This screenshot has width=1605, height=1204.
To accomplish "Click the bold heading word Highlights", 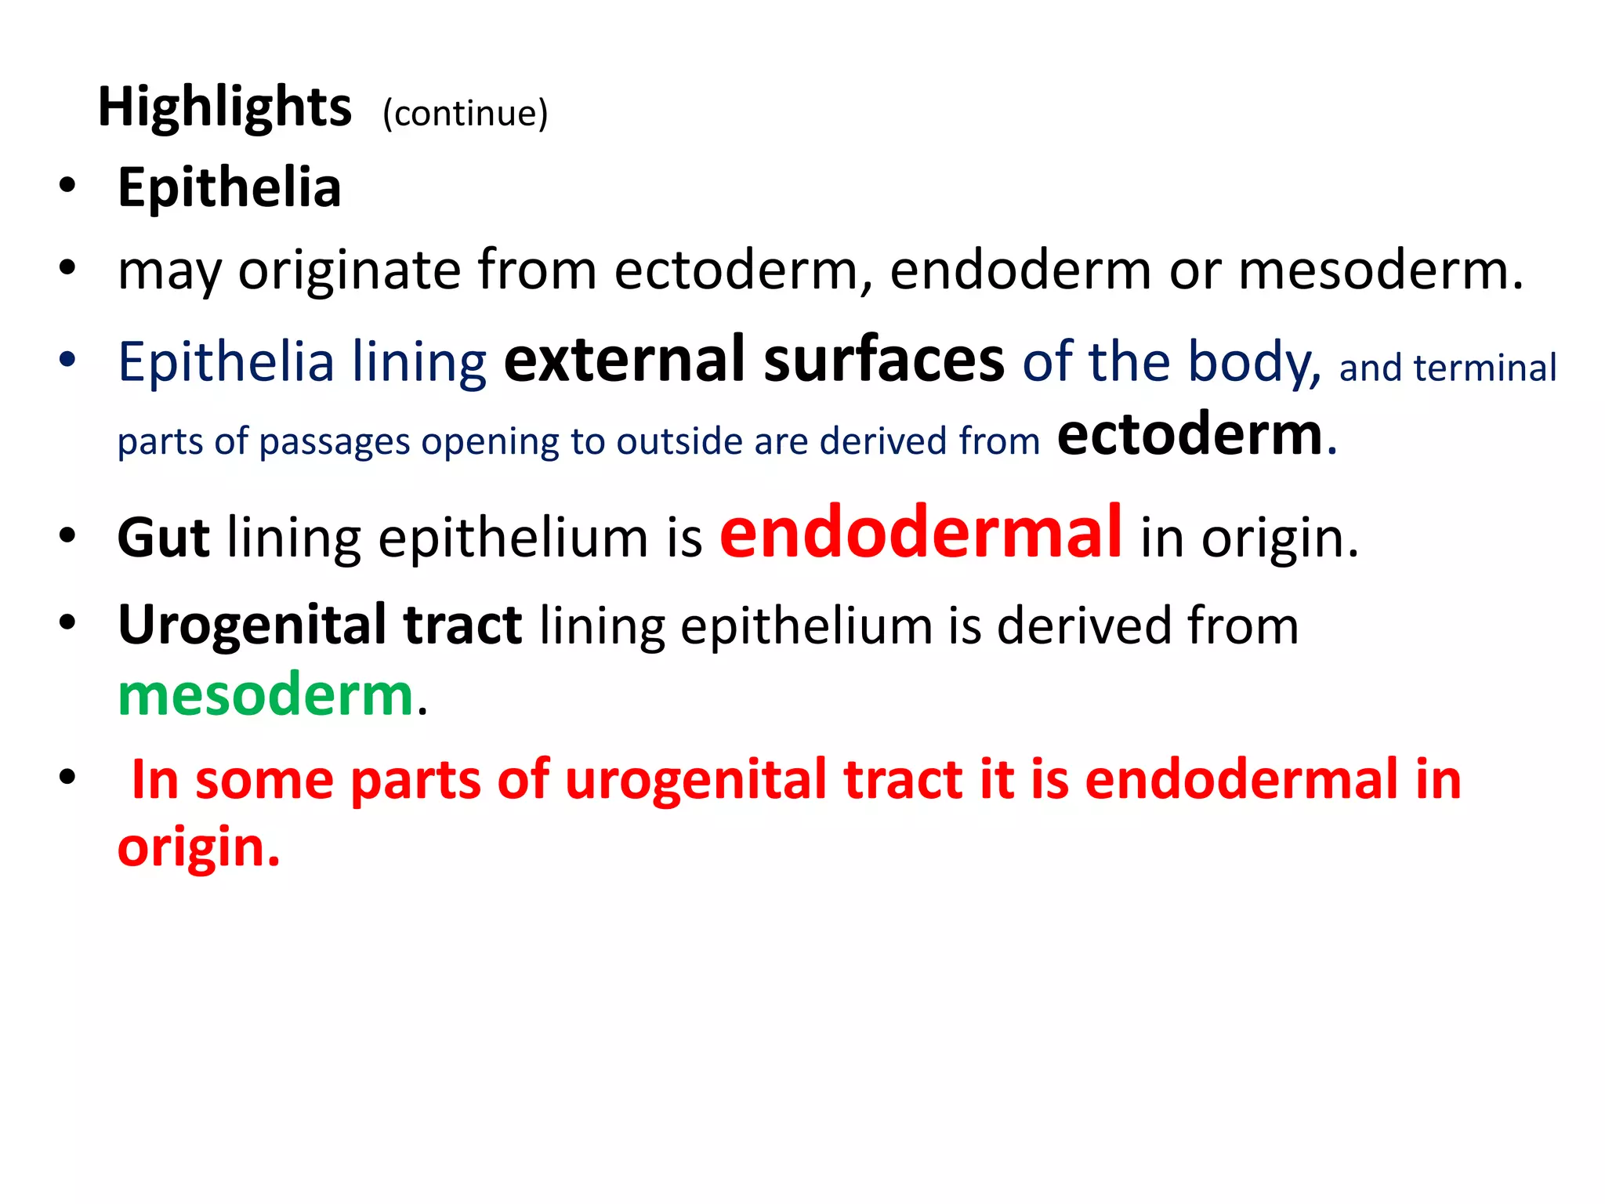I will pyautogui.click(x=224, y=107).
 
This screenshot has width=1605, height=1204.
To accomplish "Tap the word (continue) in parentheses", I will pyautogui.click(x=465, y=113).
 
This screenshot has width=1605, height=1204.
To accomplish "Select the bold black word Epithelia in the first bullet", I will pyautogui.click(x=229, y=188).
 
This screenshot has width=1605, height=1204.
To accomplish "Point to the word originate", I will pyautogui.click(x=350, y=270).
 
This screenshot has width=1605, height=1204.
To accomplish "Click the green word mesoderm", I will pyautogui.click(x=265, y=695).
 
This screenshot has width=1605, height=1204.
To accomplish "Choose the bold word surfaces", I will pyautogui.click(x=884, y=361).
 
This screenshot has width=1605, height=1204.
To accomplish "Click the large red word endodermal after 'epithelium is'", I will pyautogui.click(x=921, y=533).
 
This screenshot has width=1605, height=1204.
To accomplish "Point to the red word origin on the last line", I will pyautogui.click(x=197, y=847).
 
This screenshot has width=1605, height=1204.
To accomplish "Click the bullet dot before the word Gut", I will pyautogui.click(x=67, y=536).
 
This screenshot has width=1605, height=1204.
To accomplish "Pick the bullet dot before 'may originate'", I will pyautogui.click(x=67, y=268).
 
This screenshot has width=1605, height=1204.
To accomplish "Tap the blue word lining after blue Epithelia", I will pyautogui.click(x=419, y=362).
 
